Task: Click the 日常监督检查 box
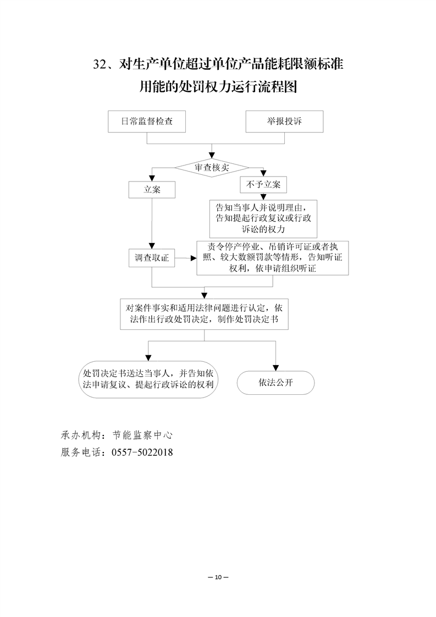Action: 146,122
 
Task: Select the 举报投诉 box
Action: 284,122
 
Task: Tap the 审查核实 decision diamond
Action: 212,167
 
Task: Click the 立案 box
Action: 152,189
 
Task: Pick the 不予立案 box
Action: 263,184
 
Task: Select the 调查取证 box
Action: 152,257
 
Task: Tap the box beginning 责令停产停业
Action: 273,257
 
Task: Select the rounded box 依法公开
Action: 275,383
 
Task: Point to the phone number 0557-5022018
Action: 142,452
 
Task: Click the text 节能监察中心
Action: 142,434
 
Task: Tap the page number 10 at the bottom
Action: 218,577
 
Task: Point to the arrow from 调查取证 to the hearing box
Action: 186,257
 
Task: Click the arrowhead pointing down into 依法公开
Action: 275,368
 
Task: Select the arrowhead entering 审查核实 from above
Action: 212,156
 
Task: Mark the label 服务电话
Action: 81,452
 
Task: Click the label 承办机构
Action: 81,434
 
